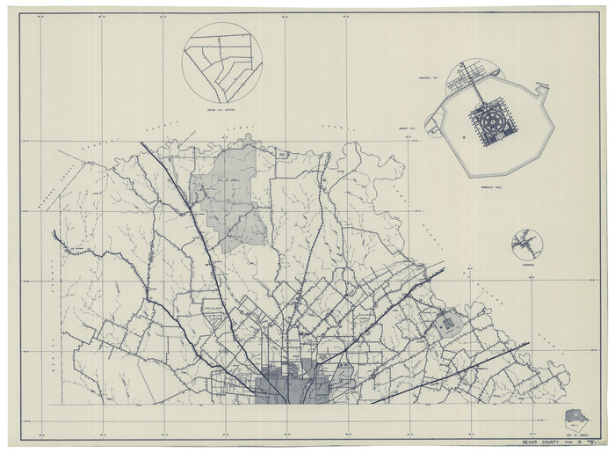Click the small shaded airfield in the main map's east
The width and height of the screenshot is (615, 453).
[x=448, y=323]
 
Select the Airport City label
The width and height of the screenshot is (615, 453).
[x=430, y=129]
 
